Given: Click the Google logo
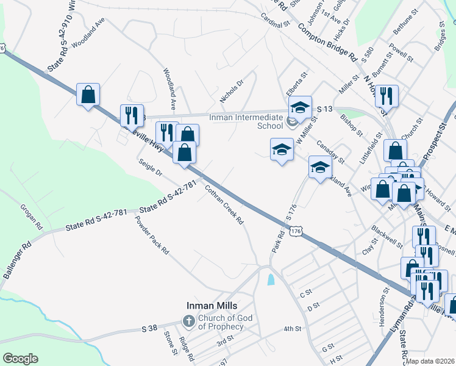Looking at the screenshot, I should coord(20,358).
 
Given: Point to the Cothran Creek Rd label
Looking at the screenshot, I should coord(224,204).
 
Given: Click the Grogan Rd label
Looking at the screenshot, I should coord(31,217).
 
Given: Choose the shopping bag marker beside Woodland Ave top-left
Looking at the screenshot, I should coord(88,95).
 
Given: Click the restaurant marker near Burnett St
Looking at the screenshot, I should coord(387,95).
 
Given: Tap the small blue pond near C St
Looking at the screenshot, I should coord(271,279).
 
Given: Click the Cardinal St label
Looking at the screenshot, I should coord(274,23).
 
